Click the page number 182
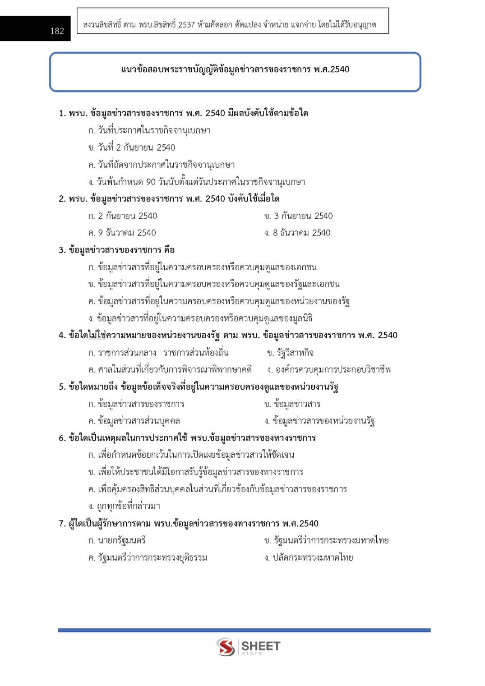point(57,31)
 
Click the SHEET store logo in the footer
point(249,647)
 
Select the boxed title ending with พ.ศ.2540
point(235,69)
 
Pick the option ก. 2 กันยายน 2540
point(123,216)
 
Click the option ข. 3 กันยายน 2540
point(299,216)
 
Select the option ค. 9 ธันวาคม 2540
point(122,233)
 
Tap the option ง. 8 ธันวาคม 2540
point(298,233)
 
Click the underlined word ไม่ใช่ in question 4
point(96,335)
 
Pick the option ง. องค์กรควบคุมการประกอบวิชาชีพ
point(329,370)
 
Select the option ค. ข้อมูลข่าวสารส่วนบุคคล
point(134,421)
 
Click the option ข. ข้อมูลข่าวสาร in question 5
point(292,404)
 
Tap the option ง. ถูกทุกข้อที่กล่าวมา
point(124,506)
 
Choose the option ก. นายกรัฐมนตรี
point(117,540)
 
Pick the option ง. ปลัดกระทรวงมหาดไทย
point(309,557)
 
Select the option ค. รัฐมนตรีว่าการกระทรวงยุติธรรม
point(148,557)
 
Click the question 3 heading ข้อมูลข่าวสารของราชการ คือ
point(117,250)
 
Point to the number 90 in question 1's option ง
point(151,182)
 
